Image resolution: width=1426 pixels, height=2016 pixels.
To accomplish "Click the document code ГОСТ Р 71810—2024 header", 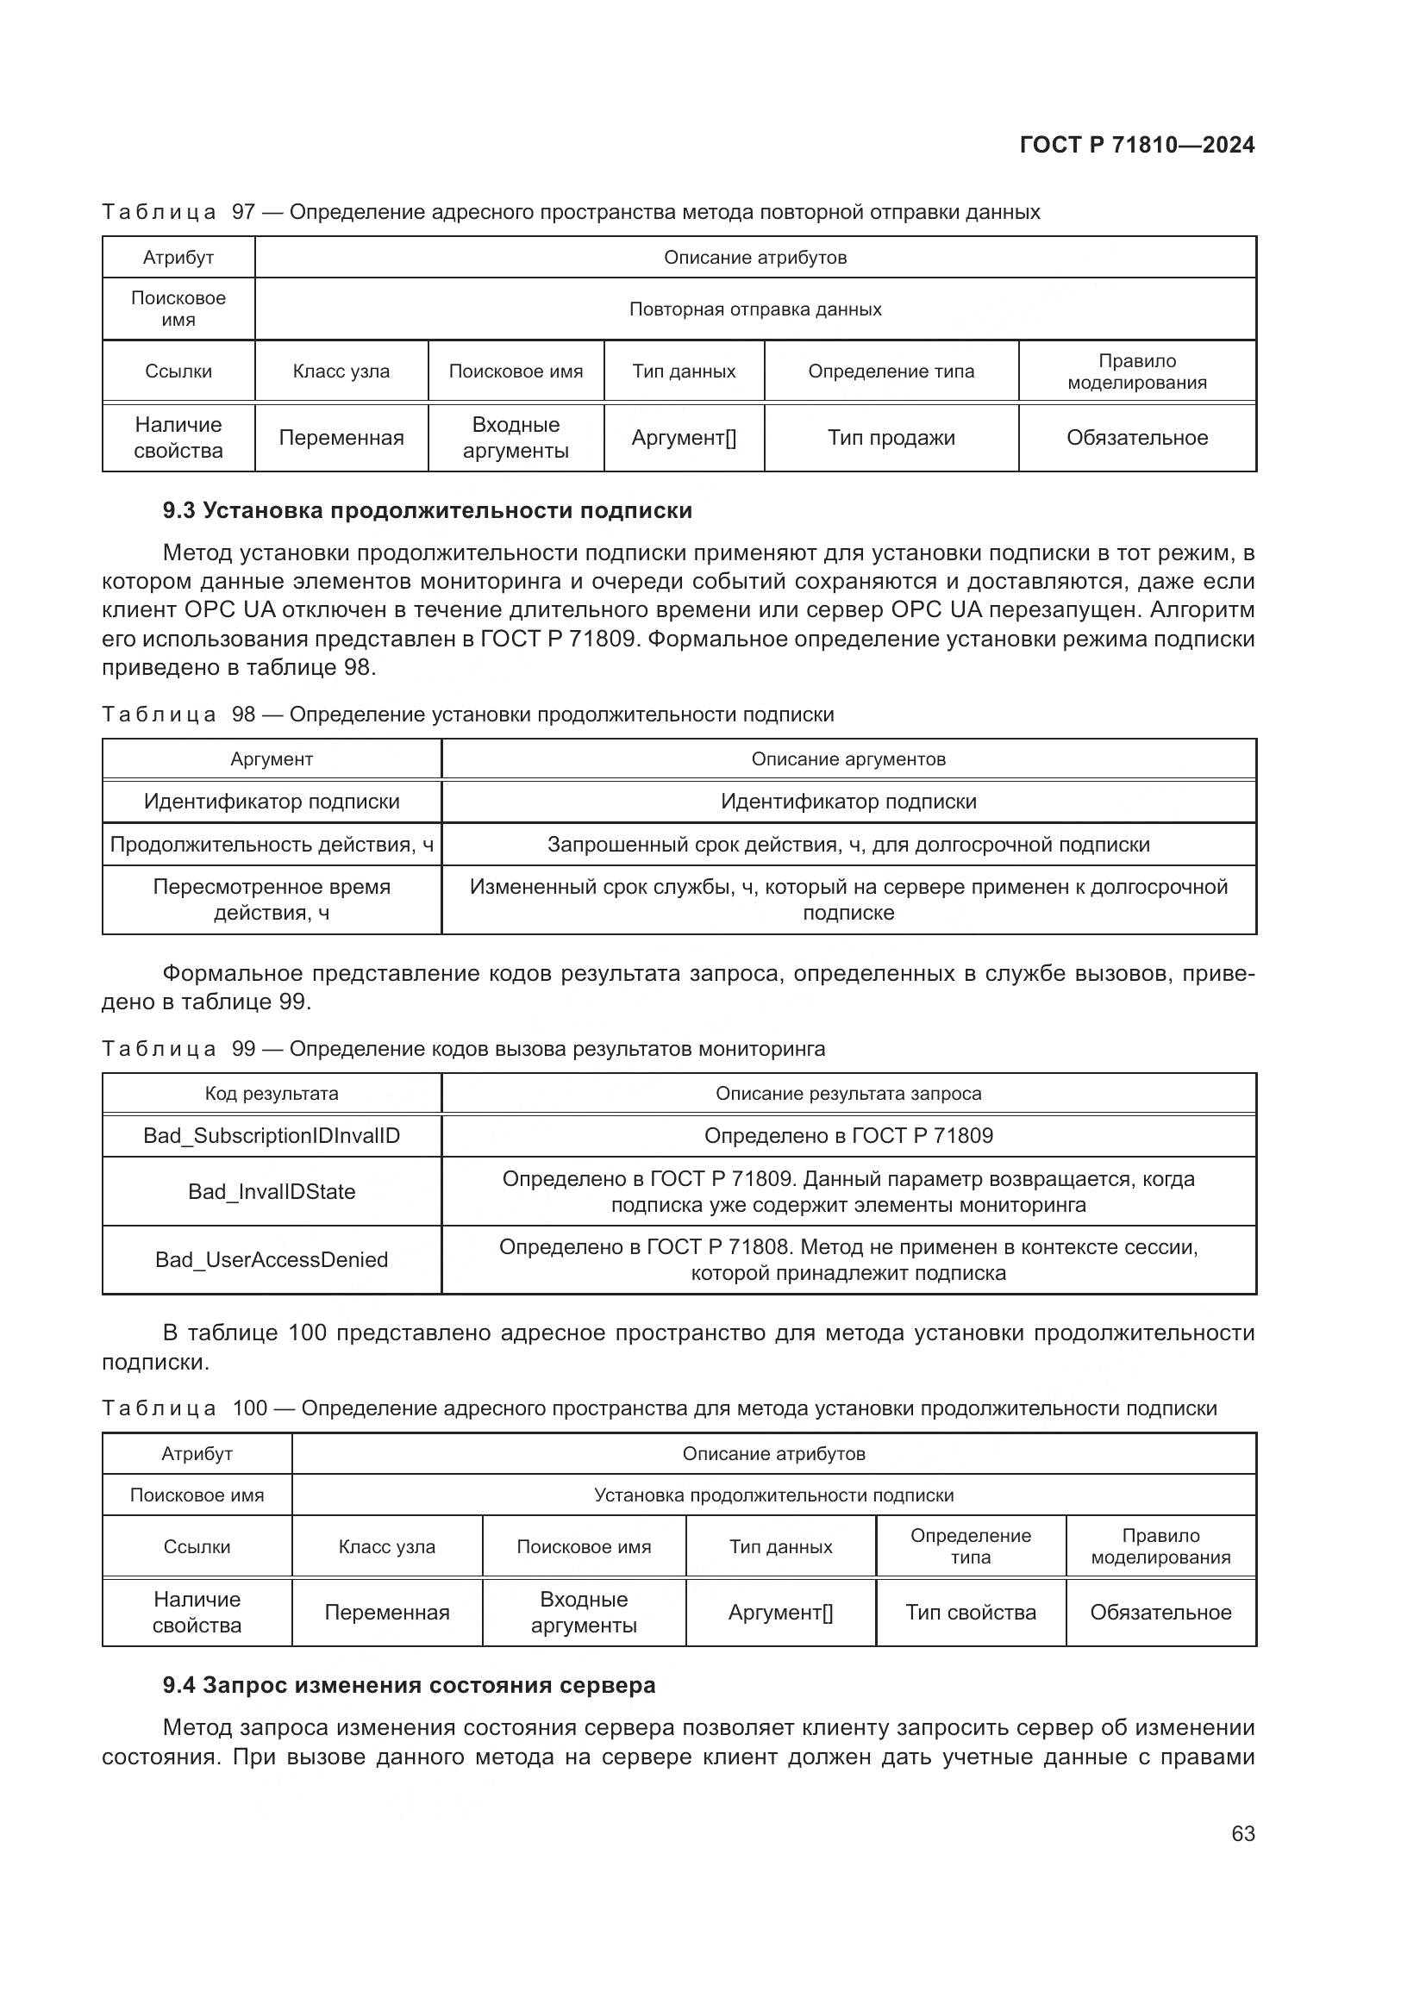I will click(x=1136, y=145).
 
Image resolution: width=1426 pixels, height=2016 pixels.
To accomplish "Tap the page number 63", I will click(x=1242, y=1833).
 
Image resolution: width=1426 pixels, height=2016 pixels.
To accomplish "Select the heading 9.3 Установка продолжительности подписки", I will click(x=427, y=510).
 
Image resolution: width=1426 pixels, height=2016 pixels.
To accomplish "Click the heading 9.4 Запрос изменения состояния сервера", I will click(x=409, y=1685).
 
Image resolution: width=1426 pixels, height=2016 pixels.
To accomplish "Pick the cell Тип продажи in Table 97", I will click(x=891, y=437).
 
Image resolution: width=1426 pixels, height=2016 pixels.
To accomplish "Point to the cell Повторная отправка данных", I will click(x=755, y=309).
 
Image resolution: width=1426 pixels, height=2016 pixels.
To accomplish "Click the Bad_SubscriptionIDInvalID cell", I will click(x=272, y=1135).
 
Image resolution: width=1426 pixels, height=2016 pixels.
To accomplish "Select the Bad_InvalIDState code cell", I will click(x=272, y=1191).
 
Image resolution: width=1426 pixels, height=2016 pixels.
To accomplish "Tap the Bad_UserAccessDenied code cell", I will click(x=272, y=1259).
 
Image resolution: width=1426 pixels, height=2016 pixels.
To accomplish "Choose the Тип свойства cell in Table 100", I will click(x=970, y=1612).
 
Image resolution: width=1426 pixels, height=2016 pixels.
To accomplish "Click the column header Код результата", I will click(x=272, y=1093).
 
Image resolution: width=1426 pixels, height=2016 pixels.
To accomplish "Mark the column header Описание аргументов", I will click(x=848, y=758).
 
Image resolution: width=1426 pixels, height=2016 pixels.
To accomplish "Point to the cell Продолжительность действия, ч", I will click(x=272, y=845).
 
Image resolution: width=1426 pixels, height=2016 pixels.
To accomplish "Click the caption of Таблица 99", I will click(x=463, y=1048).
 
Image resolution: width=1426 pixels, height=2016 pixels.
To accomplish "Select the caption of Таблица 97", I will click(x=571, y=212).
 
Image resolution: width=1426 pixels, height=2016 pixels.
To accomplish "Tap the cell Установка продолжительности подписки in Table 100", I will click(x=773, y=1495).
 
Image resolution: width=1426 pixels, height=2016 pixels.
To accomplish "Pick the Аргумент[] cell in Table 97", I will click(x=683, y=437).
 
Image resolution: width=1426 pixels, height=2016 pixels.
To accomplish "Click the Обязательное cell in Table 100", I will click(x=1160, y=1612).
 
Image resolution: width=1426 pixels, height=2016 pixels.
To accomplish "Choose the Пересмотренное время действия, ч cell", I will click(x=272, y=899).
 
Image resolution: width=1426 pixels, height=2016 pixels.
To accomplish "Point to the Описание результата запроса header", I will click(x=848, y=1093).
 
